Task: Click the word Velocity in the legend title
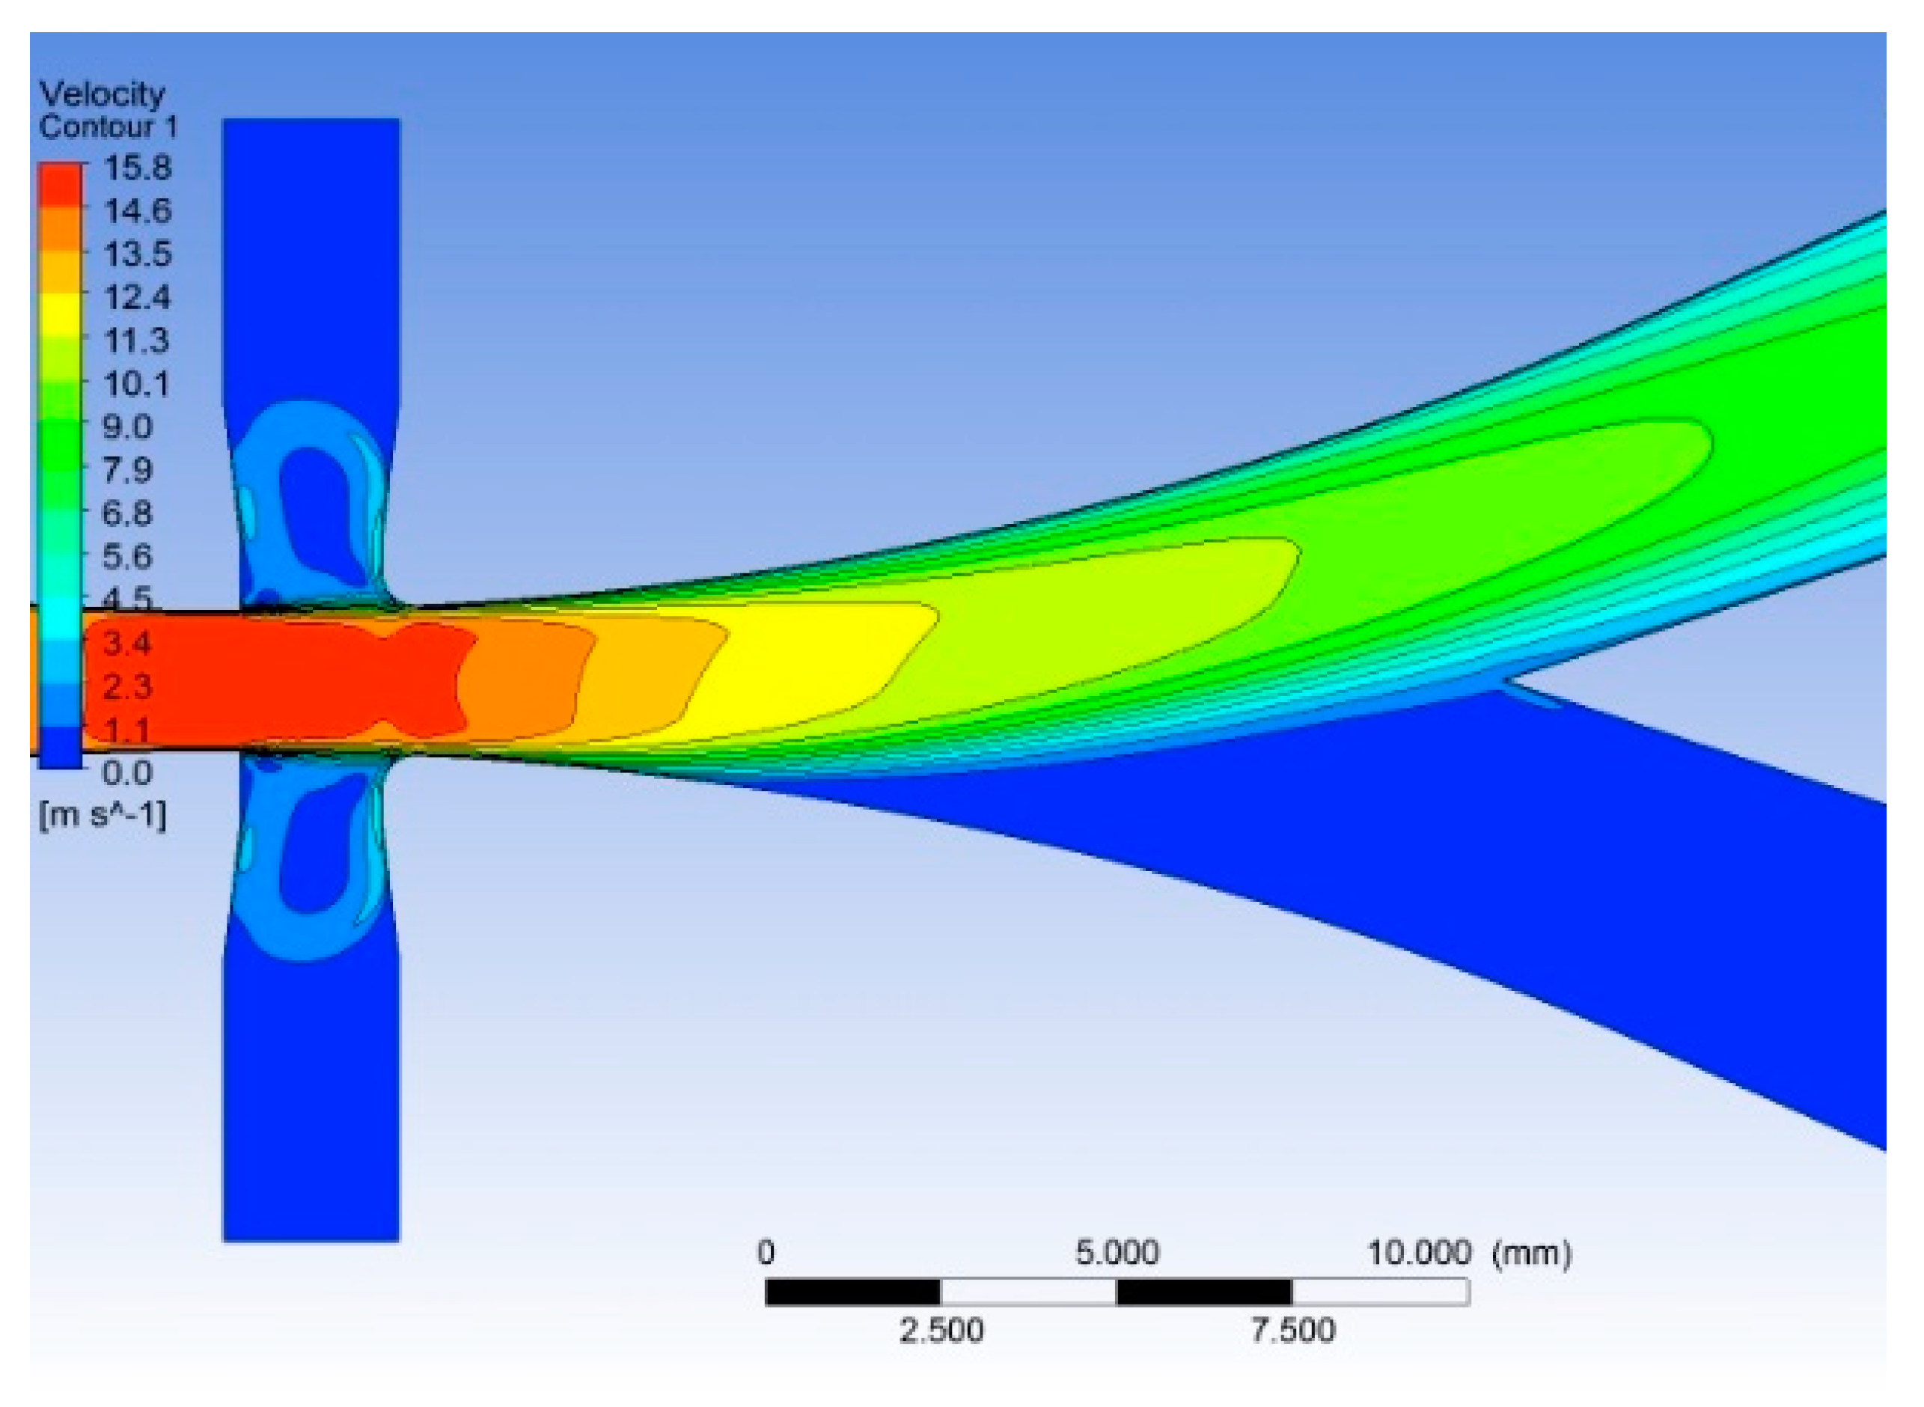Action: pyautogui.click(x=103, y=94)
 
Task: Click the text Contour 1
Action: pyautogui.click(x=109, y=127)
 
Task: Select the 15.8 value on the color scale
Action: pyautogui.click(x=137, y=168)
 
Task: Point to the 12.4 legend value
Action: pyautogui.click(x=136, y=298)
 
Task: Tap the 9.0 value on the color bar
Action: pyautogui.click(x=127, y=427)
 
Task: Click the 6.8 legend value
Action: pyautogui.click(x=127, y=513)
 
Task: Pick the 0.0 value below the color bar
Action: pyautogui.click(x=127, y=773)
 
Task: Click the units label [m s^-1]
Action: pyautogui.click(x=103, y=815)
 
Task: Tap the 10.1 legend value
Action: pyautogui.click(x=136, y=384)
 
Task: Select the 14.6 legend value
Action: pyautogui.click(x=137, y=210)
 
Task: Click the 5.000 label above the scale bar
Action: pyautogui.click(x=1117, y=1253)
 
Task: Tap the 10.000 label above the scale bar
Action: pyautogui.click(x=1419, y=1253)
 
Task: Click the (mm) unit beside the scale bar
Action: pyautogui.click(x=1531, y=1254)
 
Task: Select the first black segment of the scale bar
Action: pyautogui.click(x=852, y=1292)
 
